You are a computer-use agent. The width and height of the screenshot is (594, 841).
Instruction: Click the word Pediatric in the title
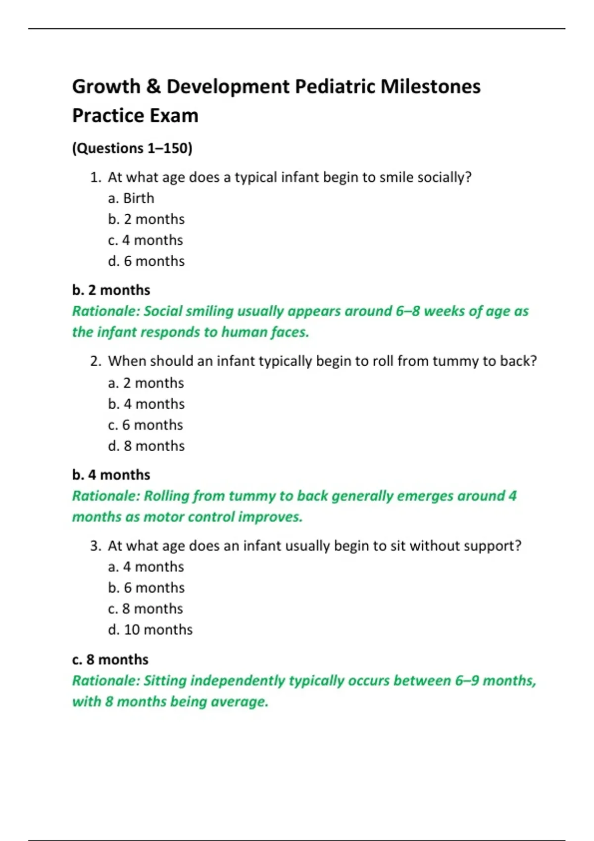[x=335, y=87]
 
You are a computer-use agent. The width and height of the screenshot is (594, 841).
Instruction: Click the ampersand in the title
[x=153, y=87]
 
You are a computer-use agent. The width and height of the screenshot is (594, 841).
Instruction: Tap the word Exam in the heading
[x=174, y=116]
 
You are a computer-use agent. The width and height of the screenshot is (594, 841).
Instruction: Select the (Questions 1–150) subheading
[x=132, y=148]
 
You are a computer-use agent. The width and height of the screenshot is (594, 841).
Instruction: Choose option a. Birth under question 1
[x=131, y=198]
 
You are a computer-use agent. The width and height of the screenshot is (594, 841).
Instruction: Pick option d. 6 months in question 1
[x=146, y=261]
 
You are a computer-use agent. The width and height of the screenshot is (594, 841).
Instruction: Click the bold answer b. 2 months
[x=111, y=290]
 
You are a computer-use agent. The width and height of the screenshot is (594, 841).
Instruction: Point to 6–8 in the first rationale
[x=407, y=311]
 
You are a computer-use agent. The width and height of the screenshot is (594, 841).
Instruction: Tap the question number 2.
[x=96, y=361]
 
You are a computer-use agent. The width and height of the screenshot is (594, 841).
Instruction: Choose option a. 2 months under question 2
[x=146, y=383]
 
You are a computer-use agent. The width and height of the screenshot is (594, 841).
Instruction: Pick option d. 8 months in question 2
[x=146, y=446]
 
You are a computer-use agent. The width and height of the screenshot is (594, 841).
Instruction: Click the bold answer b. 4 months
[x=111, y=475]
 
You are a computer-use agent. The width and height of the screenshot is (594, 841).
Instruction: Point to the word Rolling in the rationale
[x=166, y=496]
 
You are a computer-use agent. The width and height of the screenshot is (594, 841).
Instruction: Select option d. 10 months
[x=150, y=630]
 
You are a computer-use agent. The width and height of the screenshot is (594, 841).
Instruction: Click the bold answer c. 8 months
[x=110, y=660]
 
